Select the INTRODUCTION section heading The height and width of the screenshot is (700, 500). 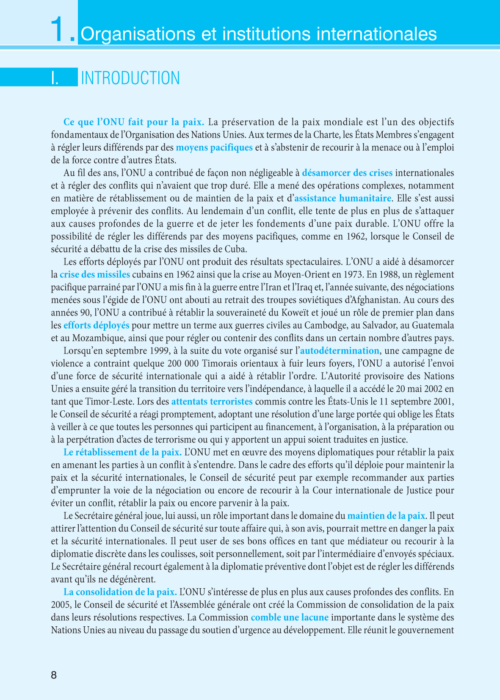coord(130,78)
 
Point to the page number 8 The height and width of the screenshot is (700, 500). coord(54,675)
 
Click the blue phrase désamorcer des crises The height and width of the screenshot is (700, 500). coord(347,173)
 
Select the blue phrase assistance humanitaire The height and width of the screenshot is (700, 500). coord(343,198)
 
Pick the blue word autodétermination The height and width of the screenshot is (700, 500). coord(340,351)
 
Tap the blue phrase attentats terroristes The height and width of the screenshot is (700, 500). coord(212,401)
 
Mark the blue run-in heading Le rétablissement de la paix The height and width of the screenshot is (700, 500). coord(122,452)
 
